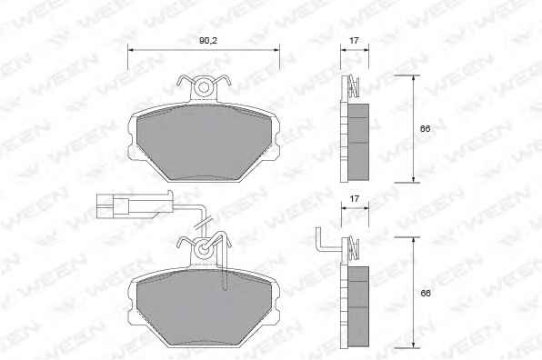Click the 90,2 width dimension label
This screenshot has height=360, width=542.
(208, 40)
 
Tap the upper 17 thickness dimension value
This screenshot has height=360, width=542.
(354, 40)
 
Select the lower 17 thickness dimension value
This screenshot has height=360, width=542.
(354, 199)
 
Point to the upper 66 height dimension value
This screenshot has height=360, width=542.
(426, 128)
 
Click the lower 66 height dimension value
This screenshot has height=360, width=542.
(426, 294)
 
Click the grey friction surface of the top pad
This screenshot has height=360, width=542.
(204, 142)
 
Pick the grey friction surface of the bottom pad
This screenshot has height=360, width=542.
(204, 307)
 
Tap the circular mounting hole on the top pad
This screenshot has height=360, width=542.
(204, 87)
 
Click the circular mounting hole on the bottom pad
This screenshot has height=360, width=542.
(204, 249)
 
